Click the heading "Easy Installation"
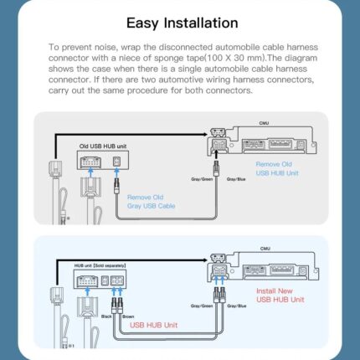[180, 23]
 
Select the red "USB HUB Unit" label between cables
[153, 325]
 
